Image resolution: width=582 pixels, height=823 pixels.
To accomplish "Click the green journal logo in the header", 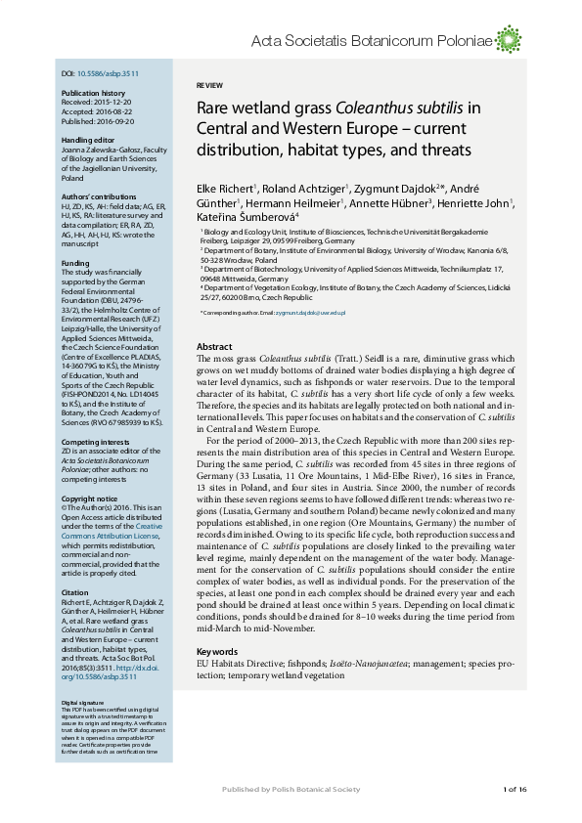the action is tap(508, 40).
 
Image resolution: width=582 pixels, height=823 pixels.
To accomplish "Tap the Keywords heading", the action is tap(217, 652).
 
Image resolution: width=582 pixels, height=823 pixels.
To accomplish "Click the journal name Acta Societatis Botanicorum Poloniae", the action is tap(371, 40).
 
